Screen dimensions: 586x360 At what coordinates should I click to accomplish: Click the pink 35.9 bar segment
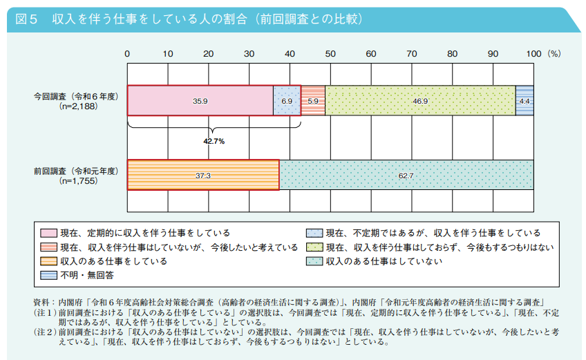point(200,101)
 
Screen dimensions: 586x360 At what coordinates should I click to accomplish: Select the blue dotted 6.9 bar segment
point(287,101)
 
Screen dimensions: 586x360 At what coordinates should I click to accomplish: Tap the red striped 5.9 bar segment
point(313,101)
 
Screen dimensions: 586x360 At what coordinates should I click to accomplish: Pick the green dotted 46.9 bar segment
point(420,101)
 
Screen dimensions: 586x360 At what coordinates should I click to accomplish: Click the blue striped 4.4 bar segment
point(524,101)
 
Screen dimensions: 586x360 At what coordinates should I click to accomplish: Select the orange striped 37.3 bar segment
point(203,175)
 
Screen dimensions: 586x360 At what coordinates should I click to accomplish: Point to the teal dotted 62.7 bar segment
point(406,175)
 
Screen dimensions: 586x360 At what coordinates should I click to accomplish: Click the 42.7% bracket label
point(214,142)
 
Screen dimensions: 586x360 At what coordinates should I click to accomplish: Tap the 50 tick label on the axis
point(330,54)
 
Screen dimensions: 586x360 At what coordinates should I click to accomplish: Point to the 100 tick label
point(533,54)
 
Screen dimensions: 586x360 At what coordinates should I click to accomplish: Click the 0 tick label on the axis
point(127,54)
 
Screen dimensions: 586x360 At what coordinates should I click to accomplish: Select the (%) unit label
point(554,54)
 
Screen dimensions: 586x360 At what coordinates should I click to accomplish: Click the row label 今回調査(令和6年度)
point(76,97)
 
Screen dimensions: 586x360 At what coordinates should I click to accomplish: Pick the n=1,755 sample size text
point(79,181)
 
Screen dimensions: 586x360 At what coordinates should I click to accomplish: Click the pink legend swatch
point(48,234)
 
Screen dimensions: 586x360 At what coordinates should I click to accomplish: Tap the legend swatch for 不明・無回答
point(48,276)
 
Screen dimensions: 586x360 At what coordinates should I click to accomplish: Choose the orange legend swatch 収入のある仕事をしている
point(48,261)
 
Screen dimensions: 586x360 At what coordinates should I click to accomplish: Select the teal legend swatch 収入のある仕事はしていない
point(314,261)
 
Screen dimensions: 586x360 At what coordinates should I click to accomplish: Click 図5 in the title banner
point(26,19)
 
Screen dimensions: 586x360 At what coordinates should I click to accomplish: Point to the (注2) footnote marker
point(45,332)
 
